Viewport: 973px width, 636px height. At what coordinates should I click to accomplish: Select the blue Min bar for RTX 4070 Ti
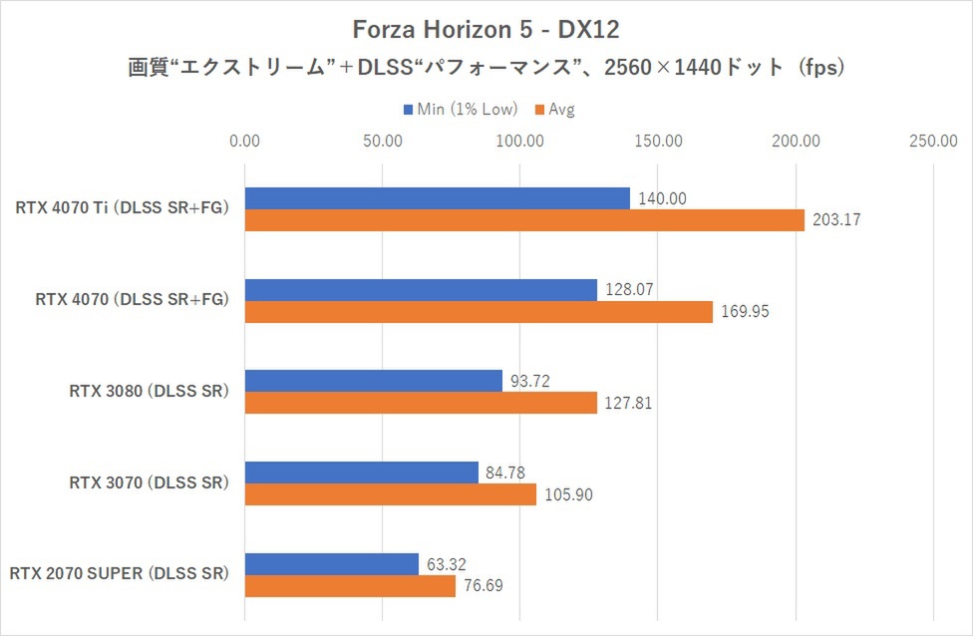tap(437, 198)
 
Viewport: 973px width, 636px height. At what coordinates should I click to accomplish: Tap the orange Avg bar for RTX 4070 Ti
tap(523, 220)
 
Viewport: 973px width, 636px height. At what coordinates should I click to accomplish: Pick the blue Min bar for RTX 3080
tap(373, 381)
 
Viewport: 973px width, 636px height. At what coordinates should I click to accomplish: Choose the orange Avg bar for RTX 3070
tap(390, 494)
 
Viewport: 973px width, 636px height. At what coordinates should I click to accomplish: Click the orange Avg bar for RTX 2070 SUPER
tap(350, 585)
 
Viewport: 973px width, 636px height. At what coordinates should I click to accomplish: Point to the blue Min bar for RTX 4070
tap(421, 290)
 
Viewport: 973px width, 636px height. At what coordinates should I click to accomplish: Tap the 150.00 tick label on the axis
tap(657, 142)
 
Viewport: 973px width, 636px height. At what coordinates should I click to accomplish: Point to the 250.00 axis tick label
tap(933, 142)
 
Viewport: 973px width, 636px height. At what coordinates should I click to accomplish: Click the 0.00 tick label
tap(244, 142)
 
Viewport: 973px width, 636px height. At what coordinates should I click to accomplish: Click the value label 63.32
tap(447, 563)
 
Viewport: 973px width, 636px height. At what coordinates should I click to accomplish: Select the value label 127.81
tap(630, 404)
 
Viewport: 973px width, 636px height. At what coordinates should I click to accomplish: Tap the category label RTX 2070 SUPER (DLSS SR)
tap(119, 574)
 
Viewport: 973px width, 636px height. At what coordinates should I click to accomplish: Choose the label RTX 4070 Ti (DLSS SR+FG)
tap(122, 209)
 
